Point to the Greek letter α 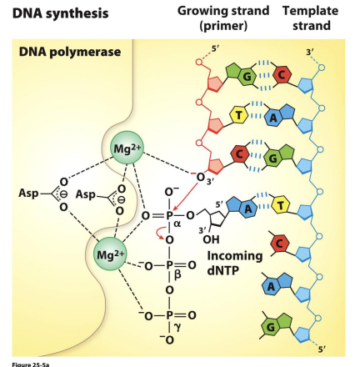coord(177,224)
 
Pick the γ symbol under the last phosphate coord(177,328)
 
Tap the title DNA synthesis coord(53,13)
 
